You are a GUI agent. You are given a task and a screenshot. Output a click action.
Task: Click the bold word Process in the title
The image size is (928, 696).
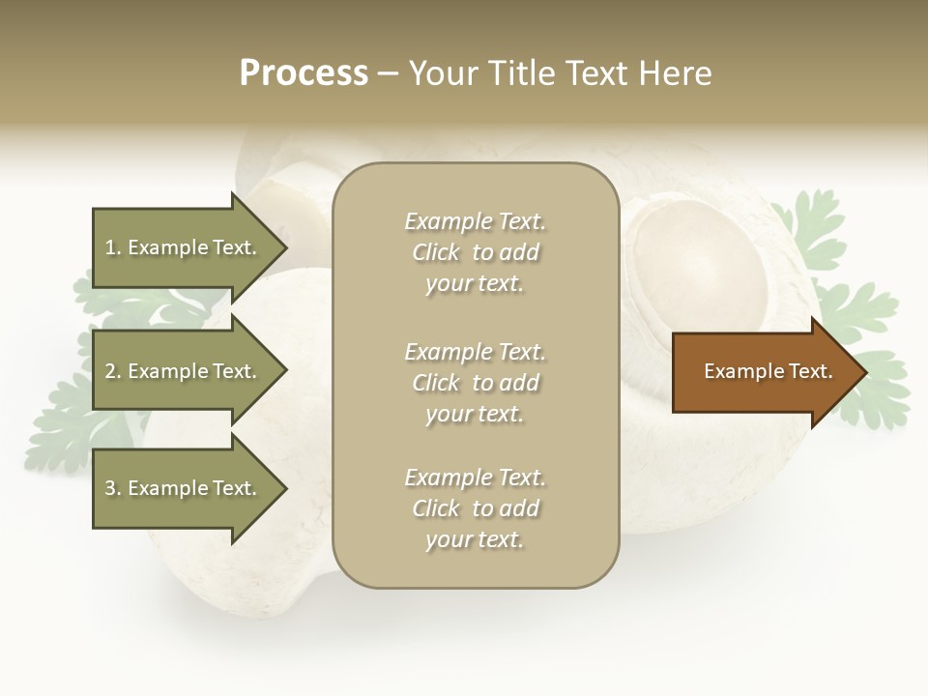(x=304, y=73)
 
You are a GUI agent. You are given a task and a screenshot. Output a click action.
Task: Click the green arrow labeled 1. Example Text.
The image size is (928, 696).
(x=184, y=247)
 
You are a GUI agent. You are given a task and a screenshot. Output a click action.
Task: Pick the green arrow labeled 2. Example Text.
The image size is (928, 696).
(x=184, y=371)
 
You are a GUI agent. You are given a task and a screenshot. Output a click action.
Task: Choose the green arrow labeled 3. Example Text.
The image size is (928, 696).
(x=184, y=488)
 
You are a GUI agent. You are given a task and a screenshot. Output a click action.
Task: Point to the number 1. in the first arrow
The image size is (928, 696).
(x=113, y=247)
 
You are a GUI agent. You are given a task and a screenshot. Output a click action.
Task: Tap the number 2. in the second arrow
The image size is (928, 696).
(x=113, y=371)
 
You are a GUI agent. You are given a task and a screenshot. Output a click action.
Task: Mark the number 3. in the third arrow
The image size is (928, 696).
(x=113, y=488)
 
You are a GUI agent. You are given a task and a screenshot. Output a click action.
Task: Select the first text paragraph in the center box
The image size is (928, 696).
(x=475, y=252)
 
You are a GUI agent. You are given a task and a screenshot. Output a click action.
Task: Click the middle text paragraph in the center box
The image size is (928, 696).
(x=475, y=383)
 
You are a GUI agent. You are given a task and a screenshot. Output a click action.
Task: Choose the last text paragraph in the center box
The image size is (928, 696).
(x=475, y=508)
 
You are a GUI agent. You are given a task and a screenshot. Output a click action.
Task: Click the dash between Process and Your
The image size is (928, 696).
(x=389, y=73)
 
